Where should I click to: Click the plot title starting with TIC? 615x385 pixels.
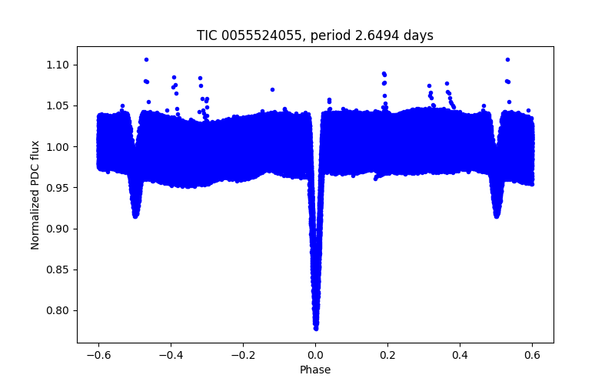pyautogui.click(x=315, y=35)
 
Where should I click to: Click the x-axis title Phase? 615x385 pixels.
pyautogui.click(x=315, y=370)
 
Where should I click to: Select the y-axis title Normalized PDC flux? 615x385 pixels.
pyautogui.click(x=35, y=195)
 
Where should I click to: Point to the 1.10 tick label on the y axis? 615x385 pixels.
pyautogui.click(x=58, y=65)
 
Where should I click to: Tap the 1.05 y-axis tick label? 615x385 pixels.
pyautogui.click(x=58, y=105)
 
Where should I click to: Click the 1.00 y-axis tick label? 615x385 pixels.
pyautogui.click(x=58, y=146)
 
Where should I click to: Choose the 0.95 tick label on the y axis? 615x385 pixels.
pyautogui.click(x=58, y=188)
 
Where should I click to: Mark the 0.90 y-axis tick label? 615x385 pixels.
pyautogui.click(x=58, y=229)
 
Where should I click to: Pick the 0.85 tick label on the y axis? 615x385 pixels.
pyautogui.click(x=58, y=269)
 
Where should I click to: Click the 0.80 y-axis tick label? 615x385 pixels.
pyautogui.click(x=58, y=310)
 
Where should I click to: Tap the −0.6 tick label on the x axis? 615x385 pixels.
pyautogui.click(x=98, y=355)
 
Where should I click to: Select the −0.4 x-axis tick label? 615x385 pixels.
pyautogui.click(x=171, y=355)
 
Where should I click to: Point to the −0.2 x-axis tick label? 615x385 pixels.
pyautogui.click(x=243, y=355)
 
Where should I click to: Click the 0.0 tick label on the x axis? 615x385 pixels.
pyautogui.click(x=315, y=355)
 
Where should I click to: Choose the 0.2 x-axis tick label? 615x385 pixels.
pyautogui.click(x=387, y=355)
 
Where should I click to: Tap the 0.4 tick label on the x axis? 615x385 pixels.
pyautogui.click(x=460, y=355)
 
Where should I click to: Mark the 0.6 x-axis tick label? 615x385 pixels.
pyautogui.click(x=532, y=355)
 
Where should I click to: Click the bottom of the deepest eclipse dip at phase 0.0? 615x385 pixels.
pyautogui.click(x=316, y=327)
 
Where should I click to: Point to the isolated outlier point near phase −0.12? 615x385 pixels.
pyautogui.click(x=272, y=89)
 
